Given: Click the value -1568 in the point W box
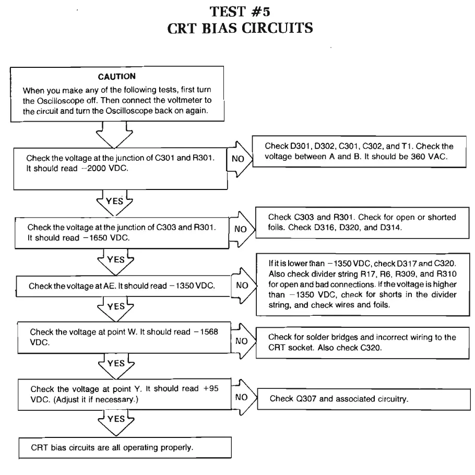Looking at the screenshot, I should point(211,332).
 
